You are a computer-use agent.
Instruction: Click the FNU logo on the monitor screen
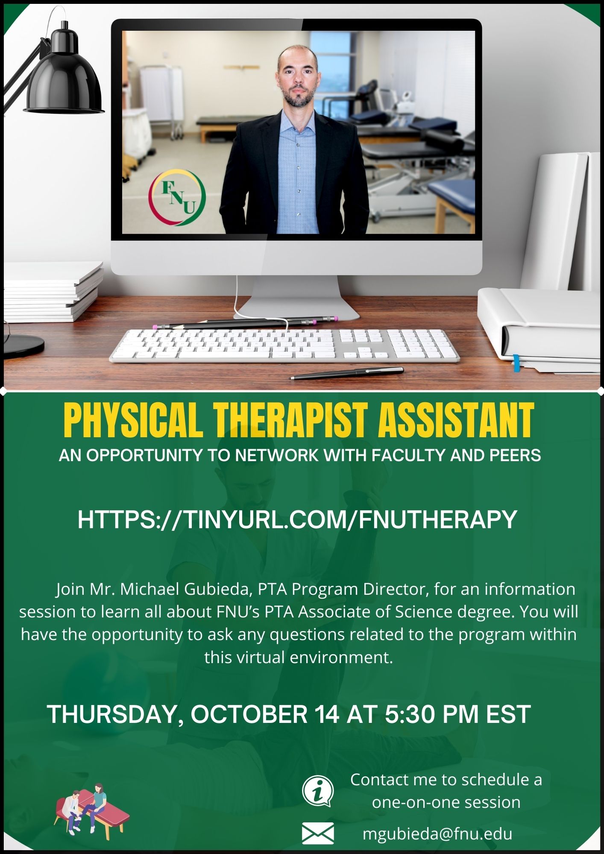tap(177, 197)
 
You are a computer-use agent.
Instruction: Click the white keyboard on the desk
tap(284, 346)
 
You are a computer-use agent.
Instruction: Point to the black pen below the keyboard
tap(346, 373)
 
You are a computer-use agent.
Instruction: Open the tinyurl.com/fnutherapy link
tap(297, 520)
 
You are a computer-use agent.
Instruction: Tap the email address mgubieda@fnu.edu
tap(437, 834)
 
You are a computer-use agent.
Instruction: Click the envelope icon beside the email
tap(318, 833)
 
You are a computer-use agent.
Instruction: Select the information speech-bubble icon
tap(318, 791)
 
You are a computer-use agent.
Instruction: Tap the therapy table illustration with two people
tap(91, 809)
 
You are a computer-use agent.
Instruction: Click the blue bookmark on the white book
tap(516, 363)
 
